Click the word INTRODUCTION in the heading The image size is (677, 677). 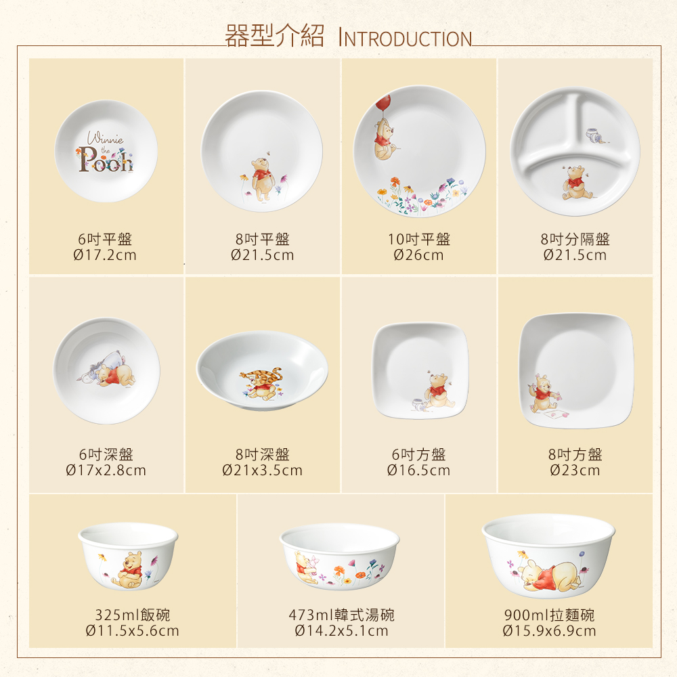tap(406, 38)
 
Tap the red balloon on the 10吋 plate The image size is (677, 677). tap(383, 104)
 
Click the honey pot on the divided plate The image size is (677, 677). tap(593, 135)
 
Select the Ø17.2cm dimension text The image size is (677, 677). tap(105, 255)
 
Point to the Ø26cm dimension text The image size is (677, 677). tap(418, 255)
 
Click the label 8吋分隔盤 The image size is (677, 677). tap(575, 239)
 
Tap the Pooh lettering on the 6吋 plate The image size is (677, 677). tap(106, 159)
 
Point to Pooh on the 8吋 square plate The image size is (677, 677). tap(541, 394)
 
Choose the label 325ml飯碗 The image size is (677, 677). tap(133, 615)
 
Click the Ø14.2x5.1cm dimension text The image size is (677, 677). tap(341, 630)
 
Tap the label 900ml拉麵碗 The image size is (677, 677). tap(549, 615)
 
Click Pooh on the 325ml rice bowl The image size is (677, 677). tap(127, 569)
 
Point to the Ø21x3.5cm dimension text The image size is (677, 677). tap(262, 470)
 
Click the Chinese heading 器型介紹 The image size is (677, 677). tap(275, 35)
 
